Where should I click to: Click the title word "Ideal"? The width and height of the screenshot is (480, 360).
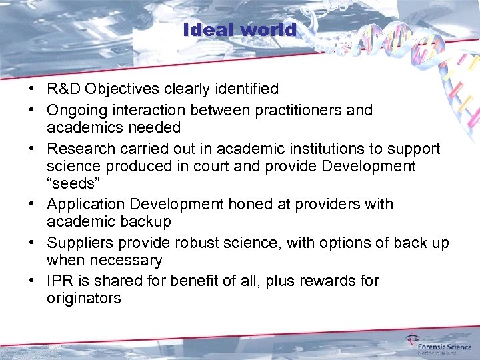point(209,30)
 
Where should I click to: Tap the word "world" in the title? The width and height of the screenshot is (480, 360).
point(269,30)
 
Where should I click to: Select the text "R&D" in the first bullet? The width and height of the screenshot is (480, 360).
point(63,89)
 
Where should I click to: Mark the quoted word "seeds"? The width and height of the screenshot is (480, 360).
point(71,184)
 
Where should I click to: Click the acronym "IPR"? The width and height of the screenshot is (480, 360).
point(60,281)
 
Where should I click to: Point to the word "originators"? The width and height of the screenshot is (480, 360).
point(84,298)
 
